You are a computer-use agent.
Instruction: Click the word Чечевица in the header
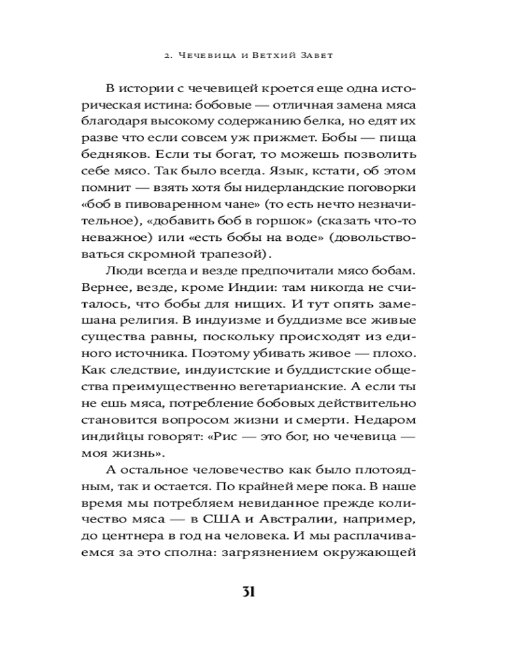click(x=203, y=55)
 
